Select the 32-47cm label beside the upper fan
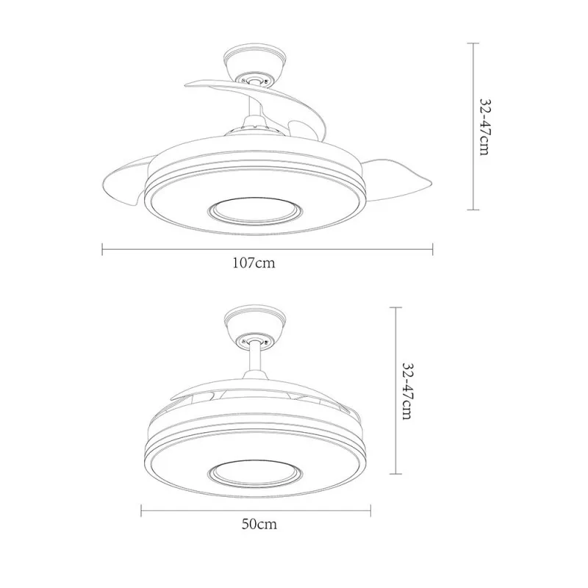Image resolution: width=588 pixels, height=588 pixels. [x=486, y=127]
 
